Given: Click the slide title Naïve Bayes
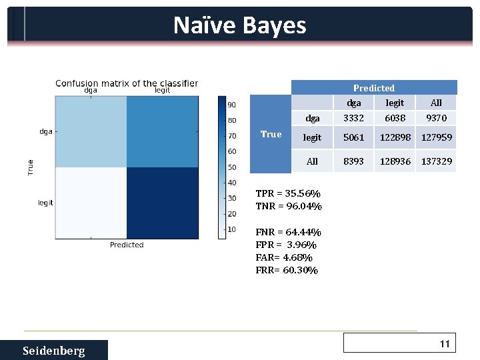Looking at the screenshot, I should (x=239, y=25).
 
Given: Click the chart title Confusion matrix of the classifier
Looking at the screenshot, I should (x=127, y=83).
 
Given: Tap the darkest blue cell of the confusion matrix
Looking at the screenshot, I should (x=163, y=202).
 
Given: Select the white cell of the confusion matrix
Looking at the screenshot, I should (x=91, y=202).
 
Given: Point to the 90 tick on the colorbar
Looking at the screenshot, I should (x=232, y=105).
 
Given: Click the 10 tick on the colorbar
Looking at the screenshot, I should (x=232, y=229).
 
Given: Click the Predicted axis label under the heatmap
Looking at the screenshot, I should (x=127, y=245).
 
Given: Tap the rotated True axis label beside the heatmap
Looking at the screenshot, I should (x=30, y=167).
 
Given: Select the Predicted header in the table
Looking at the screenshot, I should (x=373, y=88).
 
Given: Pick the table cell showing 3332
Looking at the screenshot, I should (x=353, y=118).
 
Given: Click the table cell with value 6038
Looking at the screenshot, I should (x=395, y=118).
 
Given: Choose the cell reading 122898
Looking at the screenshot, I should (x=395, y=138).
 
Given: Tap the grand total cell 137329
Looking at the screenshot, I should (x=437, y=161).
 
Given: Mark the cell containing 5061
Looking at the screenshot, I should (x=353, y=138).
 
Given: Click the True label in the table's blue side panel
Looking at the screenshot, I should (x=271, y=135).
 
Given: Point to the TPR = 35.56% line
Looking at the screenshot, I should (x=288, y=194).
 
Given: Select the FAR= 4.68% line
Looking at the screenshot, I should (x=284, y=257).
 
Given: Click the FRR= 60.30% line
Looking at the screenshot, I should (x=287, y=270).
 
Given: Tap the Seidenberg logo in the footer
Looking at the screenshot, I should (x=53, y=351).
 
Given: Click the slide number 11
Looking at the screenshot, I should (x=445, y=344).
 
